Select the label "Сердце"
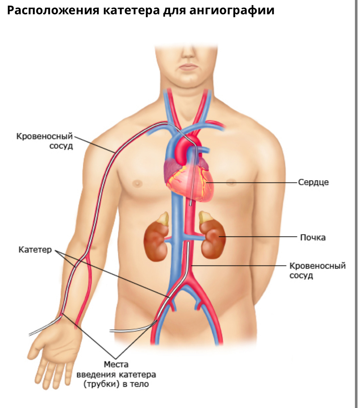(313, 182)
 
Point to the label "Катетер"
(35, 250)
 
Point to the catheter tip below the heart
(191, 203)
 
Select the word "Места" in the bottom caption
(116, 365)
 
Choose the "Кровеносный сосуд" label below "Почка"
(317, 270)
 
